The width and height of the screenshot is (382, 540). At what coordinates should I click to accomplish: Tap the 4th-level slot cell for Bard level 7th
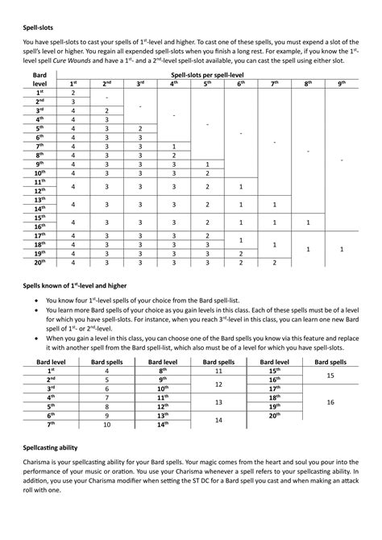[174, 146]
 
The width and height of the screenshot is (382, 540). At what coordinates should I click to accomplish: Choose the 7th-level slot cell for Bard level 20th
[274, 262]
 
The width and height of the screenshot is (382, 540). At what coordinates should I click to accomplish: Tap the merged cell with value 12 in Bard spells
[218, 384]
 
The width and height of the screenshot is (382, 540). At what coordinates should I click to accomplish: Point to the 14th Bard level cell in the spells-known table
[164, 424]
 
